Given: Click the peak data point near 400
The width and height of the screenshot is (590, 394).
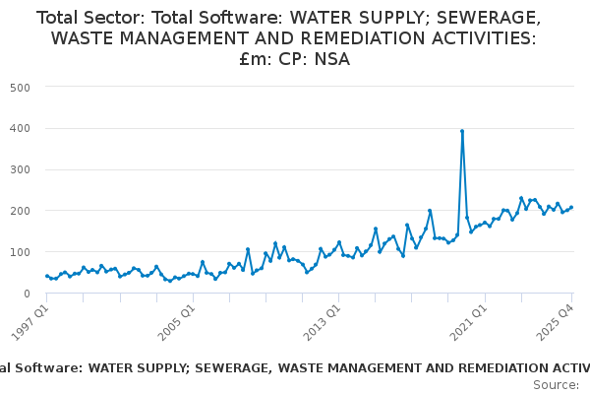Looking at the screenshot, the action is tap(462, 131).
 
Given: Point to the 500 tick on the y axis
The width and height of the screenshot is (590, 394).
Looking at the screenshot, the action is tap(20, 88).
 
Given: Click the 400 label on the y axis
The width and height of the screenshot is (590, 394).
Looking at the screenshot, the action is tap(20, 129).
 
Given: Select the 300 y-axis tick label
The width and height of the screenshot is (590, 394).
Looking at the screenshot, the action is tap(20, 169).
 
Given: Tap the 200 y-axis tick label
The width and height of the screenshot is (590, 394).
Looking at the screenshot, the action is tap(20, 211).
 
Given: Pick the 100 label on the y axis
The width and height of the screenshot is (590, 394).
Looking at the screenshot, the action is tap(20, 252).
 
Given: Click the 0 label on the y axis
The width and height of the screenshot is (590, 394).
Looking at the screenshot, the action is tap(27, 294).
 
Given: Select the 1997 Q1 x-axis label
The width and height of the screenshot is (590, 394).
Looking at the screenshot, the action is tap(30, 323).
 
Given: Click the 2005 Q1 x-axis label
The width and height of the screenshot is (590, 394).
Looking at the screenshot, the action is tap(177, 323).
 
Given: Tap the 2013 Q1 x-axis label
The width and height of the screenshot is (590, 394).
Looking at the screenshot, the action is tap(323, 323).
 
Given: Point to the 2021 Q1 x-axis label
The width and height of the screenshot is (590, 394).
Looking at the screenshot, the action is tap(469, 323).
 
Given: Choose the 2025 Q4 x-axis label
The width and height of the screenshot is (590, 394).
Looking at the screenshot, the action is tap(556, 323).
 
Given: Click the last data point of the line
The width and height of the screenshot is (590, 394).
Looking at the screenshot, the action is tap(571, 207).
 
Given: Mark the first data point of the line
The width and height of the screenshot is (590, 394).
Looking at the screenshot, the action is tap(47, 276).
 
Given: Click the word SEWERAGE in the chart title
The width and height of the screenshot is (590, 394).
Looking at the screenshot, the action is tap(489, 18).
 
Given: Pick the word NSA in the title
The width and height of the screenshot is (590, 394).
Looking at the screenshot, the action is tap(332, 59).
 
